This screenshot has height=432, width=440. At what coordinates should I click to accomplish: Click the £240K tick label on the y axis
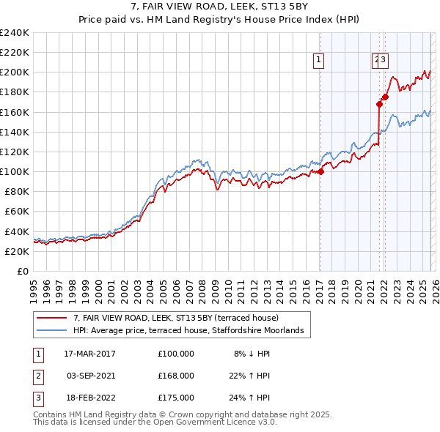coord(15,33)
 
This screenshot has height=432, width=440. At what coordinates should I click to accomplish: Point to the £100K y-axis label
coord(15,171)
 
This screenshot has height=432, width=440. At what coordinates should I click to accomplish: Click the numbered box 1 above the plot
coord(320,61)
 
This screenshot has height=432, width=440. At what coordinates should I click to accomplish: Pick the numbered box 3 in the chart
coord(384,61)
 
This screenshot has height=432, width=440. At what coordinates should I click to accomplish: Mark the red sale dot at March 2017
coord(320,172)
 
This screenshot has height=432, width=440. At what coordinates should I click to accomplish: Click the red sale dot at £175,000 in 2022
coord(385,97)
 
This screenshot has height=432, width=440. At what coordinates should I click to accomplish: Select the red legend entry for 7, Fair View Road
coord(176,318)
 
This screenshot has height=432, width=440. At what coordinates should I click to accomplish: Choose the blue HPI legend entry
coord(193,331)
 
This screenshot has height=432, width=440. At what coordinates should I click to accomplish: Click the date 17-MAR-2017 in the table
coord(89,353)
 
